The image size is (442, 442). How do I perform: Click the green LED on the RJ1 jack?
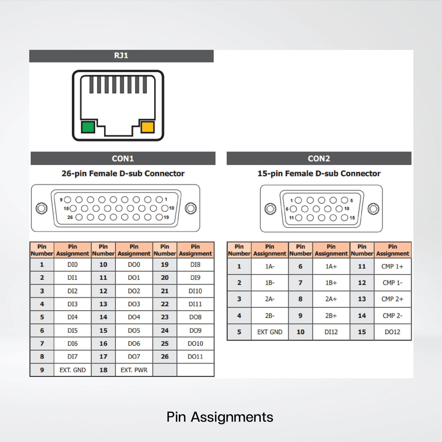(x=88, y=127)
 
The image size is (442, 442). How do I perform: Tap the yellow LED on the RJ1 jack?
(x=147, y=127)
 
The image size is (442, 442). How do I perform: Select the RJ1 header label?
(x=121, y=55)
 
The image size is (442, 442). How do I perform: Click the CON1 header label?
(x=123, y=158)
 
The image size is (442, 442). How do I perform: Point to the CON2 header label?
(x=319, y=158)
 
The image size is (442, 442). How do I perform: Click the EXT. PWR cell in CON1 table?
(x=134, y=370)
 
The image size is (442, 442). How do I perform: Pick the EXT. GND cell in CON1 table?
(x=72, y=370)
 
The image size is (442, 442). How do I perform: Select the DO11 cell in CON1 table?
(x=195, y=356)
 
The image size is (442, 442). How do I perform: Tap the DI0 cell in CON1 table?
(x=72, y=264)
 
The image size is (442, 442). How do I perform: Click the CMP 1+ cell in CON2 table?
(x=392, y=266)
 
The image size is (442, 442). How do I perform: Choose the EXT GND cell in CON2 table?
(x=270, y=332)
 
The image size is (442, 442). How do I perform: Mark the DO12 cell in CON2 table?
(x=392, y=332)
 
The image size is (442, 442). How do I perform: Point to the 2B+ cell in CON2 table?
(x=331, y=315)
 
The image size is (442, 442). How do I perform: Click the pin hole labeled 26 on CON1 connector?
(x=79, y=217)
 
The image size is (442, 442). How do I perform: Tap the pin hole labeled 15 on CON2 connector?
(x=344, y=218)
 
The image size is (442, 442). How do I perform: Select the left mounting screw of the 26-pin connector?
(x=41, y=208)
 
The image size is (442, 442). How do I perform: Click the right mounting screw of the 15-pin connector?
(x=373, y=209)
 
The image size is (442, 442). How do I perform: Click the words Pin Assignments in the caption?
(x=220, y=417)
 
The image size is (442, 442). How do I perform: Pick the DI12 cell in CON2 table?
(x=331, y=332)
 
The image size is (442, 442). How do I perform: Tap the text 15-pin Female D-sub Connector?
(x=319, y=174)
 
